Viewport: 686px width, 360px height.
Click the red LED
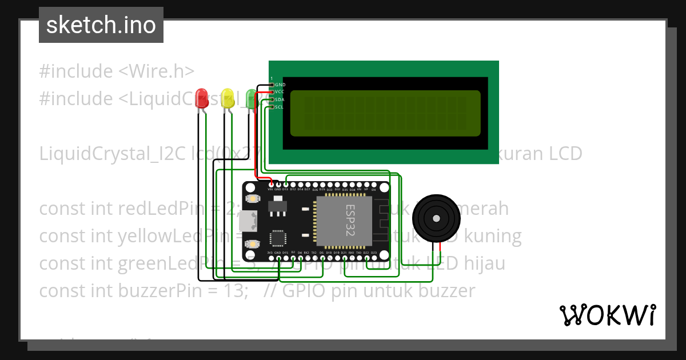click(201, 97)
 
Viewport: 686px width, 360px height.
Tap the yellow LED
click(228, 98)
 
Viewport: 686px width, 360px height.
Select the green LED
click(251, 98)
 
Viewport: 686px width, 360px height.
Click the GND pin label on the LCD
click(280, 85)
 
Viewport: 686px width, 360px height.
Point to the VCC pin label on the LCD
click(280, 91)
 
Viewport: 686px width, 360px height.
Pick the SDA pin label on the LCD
click(280, 99)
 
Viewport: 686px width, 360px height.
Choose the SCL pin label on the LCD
click(280, 107)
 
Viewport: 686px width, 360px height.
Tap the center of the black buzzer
click(436, 218)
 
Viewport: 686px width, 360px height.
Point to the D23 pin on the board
click(374, 253)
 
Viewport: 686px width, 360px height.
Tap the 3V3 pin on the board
click(270, 253)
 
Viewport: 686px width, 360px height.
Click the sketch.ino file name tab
click(101, 25)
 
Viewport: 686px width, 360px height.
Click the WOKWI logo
click(607, 315)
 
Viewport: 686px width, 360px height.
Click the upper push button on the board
click(252, 199)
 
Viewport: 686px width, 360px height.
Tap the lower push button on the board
click(252, 244)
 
